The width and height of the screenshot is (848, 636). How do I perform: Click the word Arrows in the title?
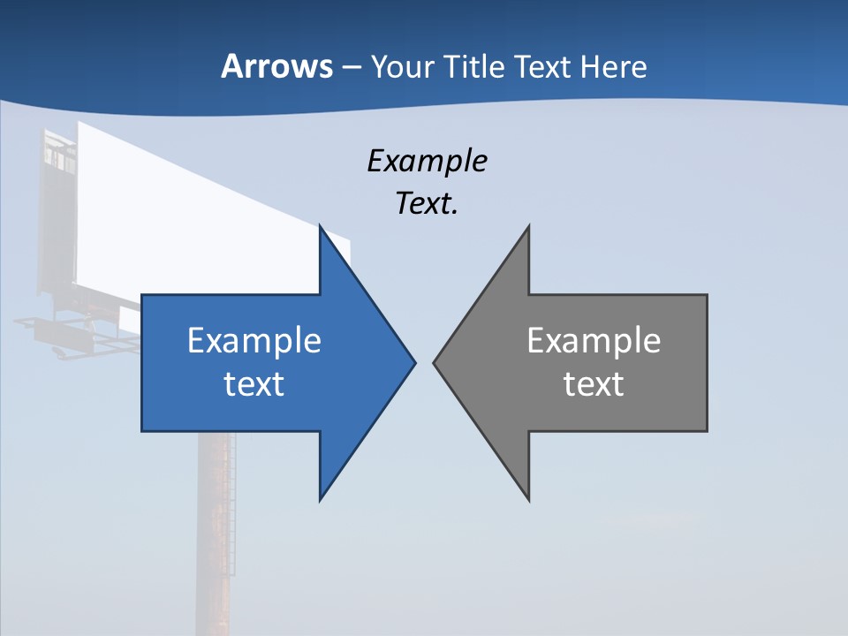click(276, 66)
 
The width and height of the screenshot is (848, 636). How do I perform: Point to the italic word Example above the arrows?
click(427, 161)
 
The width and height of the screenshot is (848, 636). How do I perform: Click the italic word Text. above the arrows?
click(427, 203)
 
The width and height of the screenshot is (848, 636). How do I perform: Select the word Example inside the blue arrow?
click(254, 341)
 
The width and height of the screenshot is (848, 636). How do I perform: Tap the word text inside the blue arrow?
click(254, 383)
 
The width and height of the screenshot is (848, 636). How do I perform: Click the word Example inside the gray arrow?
click(594, 341)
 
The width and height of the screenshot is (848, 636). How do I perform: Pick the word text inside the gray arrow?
click(594, 383)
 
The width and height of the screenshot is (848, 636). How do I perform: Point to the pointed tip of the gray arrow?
click(435, 361)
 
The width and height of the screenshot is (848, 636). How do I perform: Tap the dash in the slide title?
click(351, 67)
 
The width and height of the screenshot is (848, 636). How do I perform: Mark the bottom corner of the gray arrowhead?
click(528, 499)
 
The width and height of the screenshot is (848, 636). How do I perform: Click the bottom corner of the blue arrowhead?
click(321, 499)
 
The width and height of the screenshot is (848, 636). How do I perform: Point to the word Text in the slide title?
click(543, 67)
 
